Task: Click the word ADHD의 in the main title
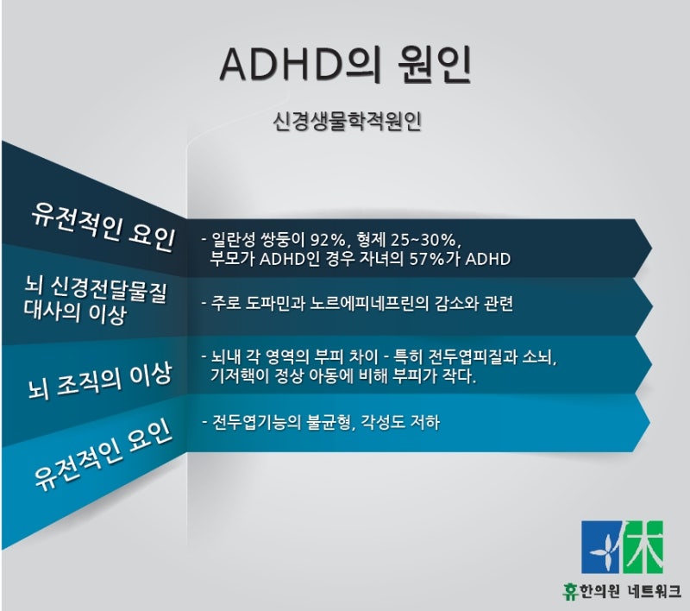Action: pos(300,64)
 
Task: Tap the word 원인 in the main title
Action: pos(435,64)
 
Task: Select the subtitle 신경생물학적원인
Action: pos(347,122)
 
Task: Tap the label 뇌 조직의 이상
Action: pos(99,381)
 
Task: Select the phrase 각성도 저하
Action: pos(400,423)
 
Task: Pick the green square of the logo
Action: pos(643,547)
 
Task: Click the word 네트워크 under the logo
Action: pos(655,591)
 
